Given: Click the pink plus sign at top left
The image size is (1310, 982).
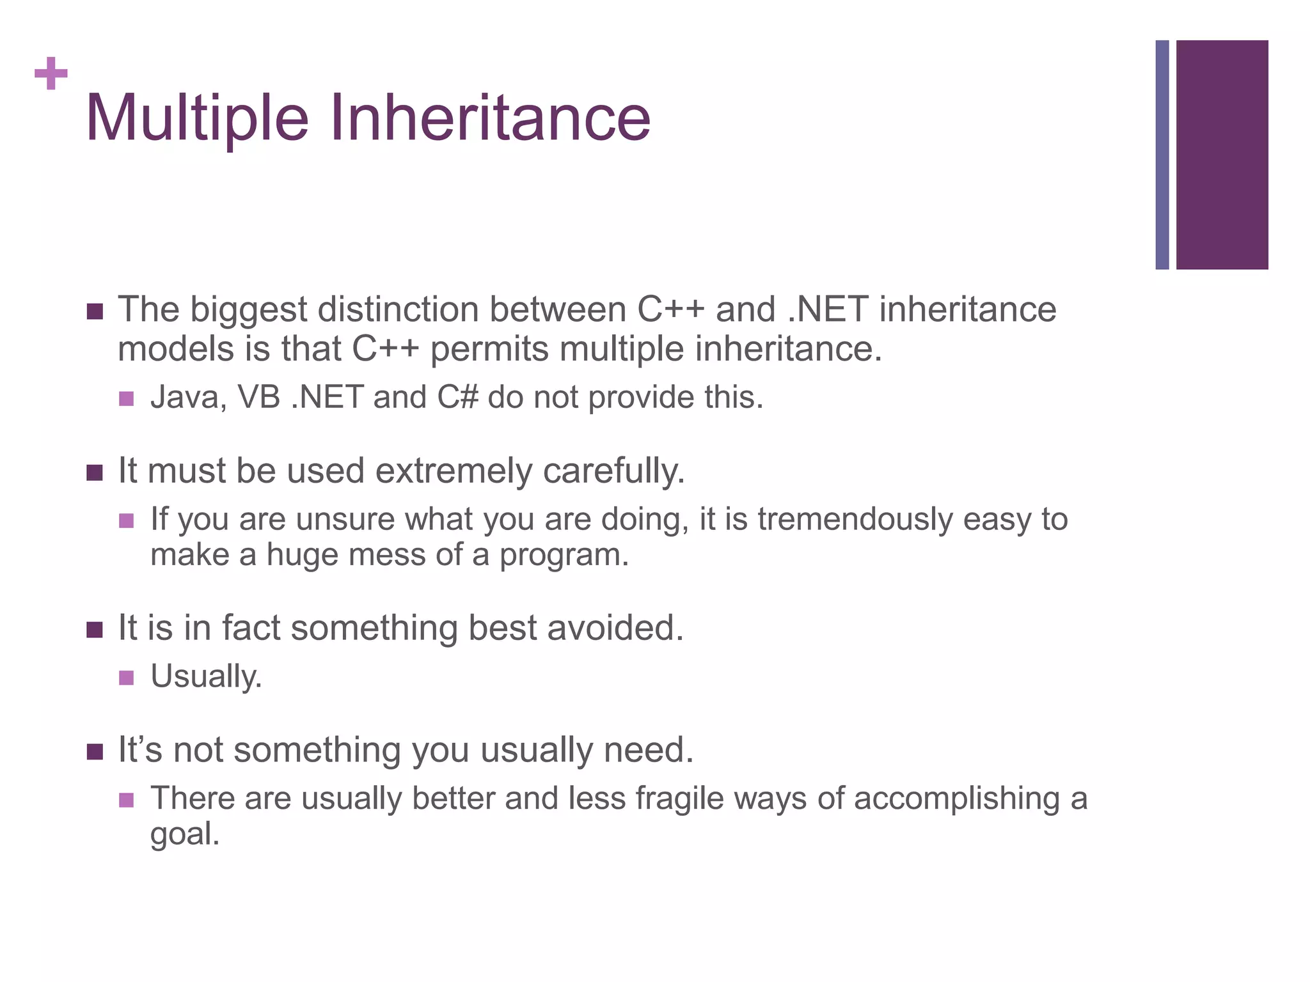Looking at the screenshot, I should [51, 74].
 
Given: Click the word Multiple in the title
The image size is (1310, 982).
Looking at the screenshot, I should [196, 118].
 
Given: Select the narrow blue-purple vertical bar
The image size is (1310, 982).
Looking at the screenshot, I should [1162, 155].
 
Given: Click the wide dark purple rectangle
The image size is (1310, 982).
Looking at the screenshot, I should [1222, 155].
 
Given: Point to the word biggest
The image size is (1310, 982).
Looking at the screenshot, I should [248, 311].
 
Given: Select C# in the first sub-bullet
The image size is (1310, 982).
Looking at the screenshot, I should [457, 397].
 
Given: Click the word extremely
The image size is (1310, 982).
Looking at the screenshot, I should [454, 472].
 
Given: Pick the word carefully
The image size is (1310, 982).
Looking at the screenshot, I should [614, 472].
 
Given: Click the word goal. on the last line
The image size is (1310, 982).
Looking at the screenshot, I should [185, 835].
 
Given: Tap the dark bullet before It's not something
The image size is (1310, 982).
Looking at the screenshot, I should [95, 752].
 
